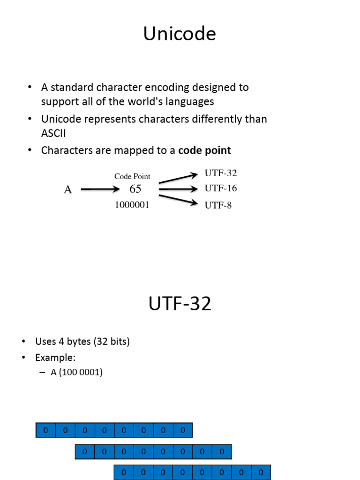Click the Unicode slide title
tap(180, 34)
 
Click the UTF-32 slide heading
tap(180, 304)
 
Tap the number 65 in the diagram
tap(135, 189)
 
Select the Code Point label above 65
tap(132, 177)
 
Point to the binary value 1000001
tap(132, 205)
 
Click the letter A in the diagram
tap(68, 190)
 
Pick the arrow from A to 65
tap(100, 189)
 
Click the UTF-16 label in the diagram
tap(221, 188)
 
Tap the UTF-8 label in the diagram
tap(218, 205)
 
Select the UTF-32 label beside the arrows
tap(221, 173)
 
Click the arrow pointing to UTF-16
tap(179, 189)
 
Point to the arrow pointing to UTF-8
tap(179, 199)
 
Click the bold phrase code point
tap(204, 150)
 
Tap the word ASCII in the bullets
tap(53, 134)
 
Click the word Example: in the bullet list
tap(55, 358)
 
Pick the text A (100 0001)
tap(77, 373)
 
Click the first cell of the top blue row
tap(46, 430)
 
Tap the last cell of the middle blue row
tap(222, 452)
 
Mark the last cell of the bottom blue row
tap(261, 472)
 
